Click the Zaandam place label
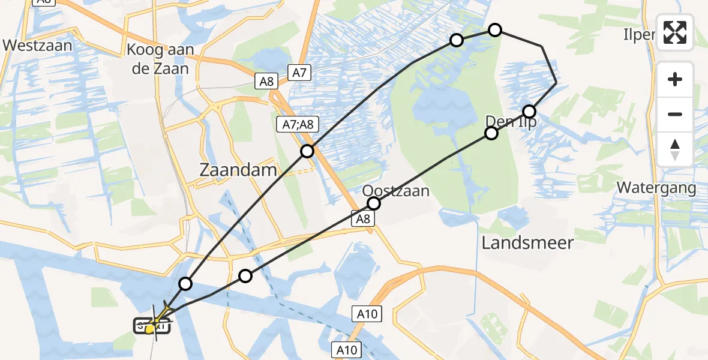(238, 170)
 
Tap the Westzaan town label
(37, 45)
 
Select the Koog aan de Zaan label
(160, 59)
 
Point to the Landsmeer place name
(528, 243)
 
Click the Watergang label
(656, 188)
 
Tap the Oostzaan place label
(396, 191)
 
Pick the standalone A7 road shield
(299, 73)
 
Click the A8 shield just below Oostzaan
(363, 220)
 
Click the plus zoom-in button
(675, 79)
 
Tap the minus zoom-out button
(675, 114)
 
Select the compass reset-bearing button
(675, 149)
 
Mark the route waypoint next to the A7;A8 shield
(307, 151)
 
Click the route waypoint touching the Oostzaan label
(374, 203)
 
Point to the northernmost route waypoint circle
(494, 29)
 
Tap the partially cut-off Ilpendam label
(640, 35)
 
